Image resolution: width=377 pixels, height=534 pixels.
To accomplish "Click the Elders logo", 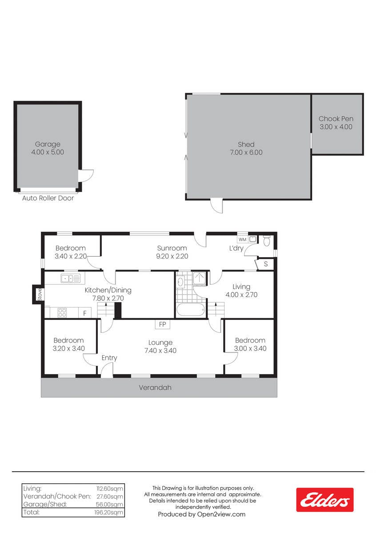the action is click(x=325, y=500).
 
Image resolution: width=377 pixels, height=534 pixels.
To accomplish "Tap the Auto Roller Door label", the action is click(x=48, y=198).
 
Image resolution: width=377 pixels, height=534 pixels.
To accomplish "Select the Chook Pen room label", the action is click(x=336, y=119).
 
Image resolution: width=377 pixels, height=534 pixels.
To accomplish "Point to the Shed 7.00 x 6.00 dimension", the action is click(x=246, y=152).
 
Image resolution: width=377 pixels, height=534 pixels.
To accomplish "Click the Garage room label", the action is click(x=48, y=144).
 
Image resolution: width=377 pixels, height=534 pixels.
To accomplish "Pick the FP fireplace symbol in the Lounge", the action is click(x=162, y=324).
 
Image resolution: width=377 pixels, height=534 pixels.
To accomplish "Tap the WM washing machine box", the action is click(x=242, y=239).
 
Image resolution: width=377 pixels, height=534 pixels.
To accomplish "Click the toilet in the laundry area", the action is click(x=266, y=241).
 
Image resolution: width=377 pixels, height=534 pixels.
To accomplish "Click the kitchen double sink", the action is click(x=70, y=278).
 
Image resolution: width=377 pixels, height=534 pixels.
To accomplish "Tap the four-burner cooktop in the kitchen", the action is click(x=62, y=313).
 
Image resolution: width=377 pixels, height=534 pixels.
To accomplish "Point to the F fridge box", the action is click(x=85, y=313).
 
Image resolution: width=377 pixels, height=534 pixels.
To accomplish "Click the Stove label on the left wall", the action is click(x=40, y=295).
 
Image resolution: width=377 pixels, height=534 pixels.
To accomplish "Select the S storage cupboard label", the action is click(x=266, y=264).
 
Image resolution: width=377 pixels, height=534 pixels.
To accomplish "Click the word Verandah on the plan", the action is click(x=155, y=388).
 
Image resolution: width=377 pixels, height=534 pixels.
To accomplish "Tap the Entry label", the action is click(x=109, y=358).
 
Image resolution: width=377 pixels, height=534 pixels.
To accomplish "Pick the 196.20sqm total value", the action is click(x=108, y=512).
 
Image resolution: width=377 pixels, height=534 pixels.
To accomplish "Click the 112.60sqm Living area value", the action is click(x=109, y=489).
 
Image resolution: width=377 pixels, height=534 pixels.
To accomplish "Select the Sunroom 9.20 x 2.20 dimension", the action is click(x=172, y=256).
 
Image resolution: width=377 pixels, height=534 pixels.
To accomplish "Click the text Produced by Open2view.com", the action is click(x=202, y=514).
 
